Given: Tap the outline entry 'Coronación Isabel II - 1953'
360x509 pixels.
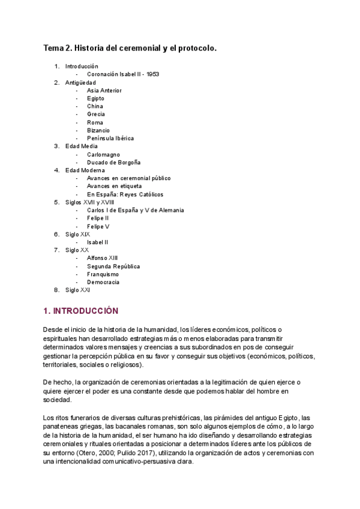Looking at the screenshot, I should coord(123,74).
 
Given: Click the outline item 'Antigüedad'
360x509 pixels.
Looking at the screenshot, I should coord(80,82).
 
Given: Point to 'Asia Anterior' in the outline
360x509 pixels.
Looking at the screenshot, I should coord(104,91).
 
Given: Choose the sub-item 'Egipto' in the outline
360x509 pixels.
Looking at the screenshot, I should coord(95,98).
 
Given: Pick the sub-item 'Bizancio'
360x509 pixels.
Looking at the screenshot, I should coord(98,130).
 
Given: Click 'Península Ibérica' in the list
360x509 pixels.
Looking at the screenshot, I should coord(110,138).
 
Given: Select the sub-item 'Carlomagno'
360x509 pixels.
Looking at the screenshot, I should coord(103,154).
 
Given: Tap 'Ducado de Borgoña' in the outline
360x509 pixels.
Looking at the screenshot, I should coord(113,162).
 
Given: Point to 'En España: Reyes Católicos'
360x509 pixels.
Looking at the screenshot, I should coord(125,194).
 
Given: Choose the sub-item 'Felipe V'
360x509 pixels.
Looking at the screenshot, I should coord(98,226).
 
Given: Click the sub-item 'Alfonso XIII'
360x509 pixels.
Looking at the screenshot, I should coord(103,258).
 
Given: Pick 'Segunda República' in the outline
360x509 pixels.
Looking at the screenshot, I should coord(113,266).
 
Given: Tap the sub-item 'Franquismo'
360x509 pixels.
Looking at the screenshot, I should coord(103,274).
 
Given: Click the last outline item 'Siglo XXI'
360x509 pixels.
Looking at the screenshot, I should coord(78,290).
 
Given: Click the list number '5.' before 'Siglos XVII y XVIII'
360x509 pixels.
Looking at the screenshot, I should coord(56,202).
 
